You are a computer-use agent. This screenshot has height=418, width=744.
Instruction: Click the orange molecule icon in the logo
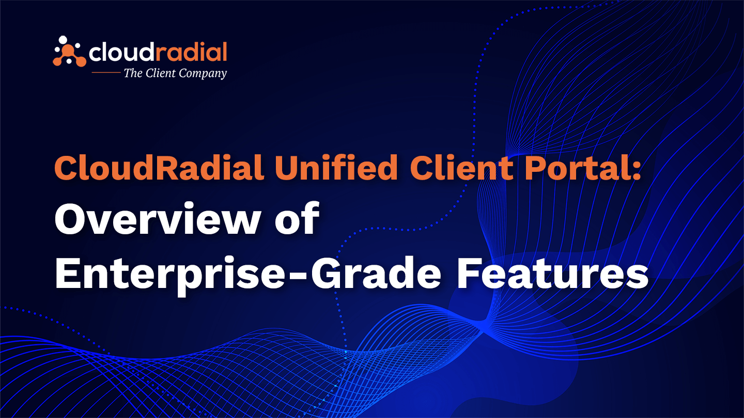69,52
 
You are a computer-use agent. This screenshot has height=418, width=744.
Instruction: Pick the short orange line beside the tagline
105,73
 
